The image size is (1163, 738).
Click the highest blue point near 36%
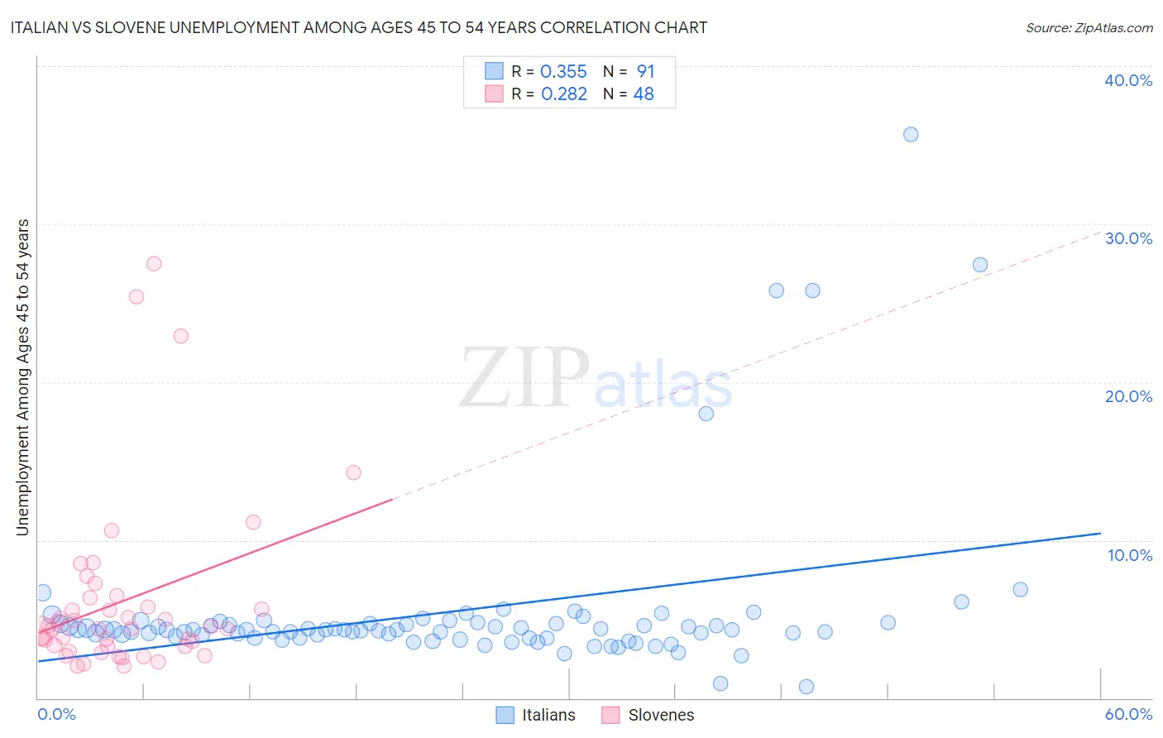point(911,134)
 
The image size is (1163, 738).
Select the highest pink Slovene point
point(154,264)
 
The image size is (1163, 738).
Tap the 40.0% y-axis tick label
point(1128,80)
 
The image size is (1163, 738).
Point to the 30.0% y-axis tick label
point(1128,238)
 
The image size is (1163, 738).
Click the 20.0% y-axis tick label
point(1128,396)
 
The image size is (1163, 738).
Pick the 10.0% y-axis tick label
point(1130,555)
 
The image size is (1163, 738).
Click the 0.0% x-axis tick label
point(56,714)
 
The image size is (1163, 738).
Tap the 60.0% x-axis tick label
point(1128,714)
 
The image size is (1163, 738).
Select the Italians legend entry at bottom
point(536,715)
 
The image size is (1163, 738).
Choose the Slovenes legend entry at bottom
point(648,715)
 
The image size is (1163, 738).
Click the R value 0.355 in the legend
point(563,72)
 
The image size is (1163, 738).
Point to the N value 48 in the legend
point(644,94)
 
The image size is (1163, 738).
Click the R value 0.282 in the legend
point(563,94)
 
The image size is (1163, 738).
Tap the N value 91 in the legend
point(645,72)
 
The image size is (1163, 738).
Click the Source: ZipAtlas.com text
point(1089,27)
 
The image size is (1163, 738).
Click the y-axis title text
point(22,377)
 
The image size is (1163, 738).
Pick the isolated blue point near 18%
point(706,414)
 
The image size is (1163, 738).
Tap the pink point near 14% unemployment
point(353,472)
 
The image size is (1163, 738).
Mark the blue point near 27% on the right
point(980,265)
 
